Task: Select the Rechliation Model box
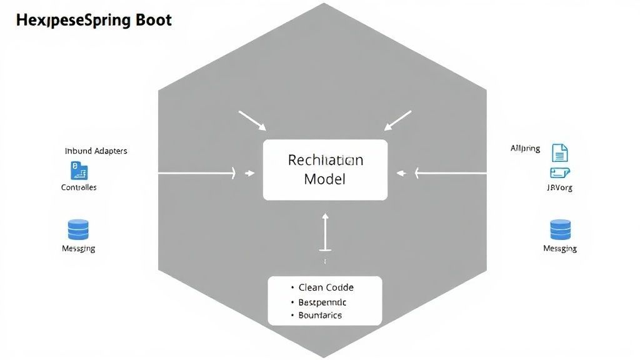tap(325, 169)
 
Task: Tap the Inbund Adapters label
tap(96, 151)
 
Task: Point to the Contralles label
tap(79, 187)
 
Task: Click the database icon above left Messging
tap(78, 229)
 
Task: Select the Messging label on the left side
tap(79, 248)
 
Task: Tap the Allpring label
tap(525, 149)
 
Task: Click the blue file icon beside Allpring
tap(559, 152)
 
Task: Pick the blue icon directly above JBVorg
tap(559, 173)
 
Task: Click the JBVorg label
tap(559, 187)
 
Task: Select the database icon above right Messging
tap(560, 229)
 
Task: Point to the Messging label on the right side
tap(560, 248)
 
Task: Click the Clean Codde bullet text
tap(326, 287)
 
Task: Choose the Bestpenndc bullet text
tap(322, 302)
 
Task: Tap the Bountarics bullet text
tap(320, 316)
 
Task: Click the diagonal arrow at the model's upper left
tap(252, 121)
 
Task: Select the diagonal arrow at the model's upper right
tap(397, 121)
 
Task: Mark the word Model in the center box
tap(324, 179)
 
